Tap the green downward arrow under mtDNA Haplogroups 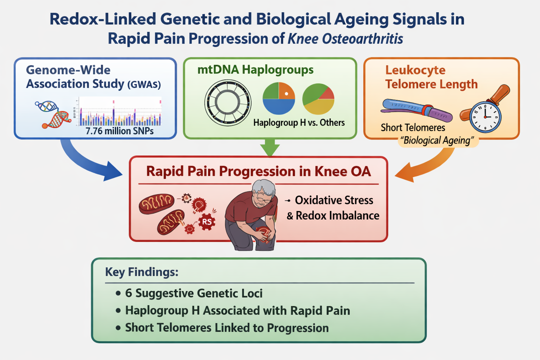[270, 148]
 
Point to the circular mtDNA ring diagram [228, 103]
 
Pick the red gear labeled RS [207, 222]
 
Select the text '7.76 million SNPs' [120, 131]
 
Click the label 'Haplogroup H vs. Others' [299, 123]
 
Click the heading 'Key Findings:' [142, 272]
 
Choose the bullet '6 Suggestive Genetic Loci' [193, 293]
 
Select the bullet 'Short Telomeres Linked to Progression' [227, 328]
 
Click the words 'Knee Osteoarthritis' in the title [345, 39]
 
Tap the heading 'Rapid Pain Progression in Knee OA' [258, 172]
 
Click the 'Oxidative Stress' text [334, 200]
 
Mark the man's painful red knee [264, 234]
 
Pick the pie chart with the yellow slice [319, 99]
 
